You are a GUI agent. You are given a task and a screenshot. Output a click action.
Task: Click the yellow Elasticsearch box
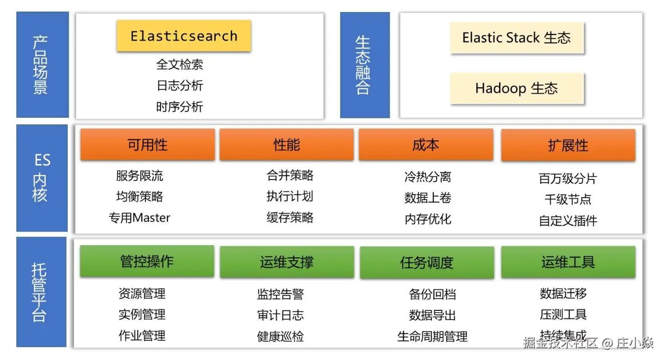click(x=184, y=36)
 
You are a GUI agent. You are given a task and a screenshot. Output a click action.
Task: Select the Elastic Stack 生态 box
click(x=517, y=38)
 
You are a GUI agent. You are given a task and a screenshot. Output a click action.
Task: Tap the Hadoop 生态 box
click(x=517, y=89)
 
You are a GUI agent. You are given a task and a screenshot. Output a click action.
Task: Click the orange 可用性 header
click(x=147, y=145)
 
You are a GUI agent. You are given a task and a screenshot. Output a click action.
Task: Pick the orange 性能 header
click(x=286, y=145)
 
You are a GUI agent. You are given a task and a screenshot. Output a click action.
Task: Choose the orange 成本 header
click(x=425, y=145)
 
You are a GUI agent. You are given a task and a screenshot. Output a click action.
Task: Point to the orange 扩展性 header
click(x=568, y=145)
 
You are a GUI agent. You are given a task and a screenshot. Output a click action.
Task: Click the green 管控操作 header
click(x=147, y=261)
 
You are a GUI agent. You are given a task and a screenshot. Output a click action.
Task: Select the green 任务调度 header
click(x=427, y=262)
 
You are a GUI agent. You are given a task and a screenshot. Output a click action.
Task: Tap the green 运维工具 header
click(x=568, y=262)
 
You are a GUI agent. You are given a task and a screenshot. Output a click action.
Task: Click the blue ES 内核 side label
click(x=42, y=178)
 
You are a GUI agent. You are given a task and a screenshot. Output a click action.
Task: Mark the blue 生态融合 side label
click(x=365, y=65)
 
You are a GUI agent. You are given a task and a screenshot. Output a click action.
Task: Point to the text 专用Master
click(x=139, y=218)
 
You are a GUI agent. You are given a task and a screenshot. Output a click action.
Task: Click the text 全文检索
click(x=180, y=64)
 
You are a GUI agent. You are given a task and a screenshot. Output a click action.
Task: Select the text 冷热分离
click(x=428, y=176)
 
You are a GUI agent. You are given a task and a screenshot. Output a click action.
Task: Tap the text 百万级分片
click(x=568, y=178)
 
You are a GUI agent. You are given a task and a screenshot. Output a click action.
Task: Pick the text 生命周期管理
click(x=432, y=336)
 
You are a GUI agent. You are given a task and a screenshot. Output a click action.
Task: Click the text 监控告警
click(x=280, y=294)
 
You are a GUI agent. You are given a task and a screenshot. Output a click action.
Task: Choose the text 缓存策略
click(x=290, y=218)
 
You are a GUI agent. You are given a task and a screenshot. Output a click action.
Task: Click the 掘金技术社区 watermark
click(x=560, y=343)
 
